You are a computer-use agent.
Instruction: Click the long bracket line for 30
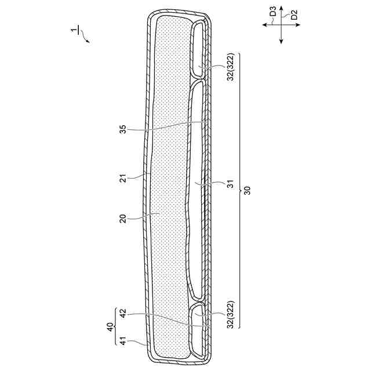click(239, 191)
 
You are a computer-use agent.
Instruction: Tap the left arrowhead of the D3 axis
click(264, 24)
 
